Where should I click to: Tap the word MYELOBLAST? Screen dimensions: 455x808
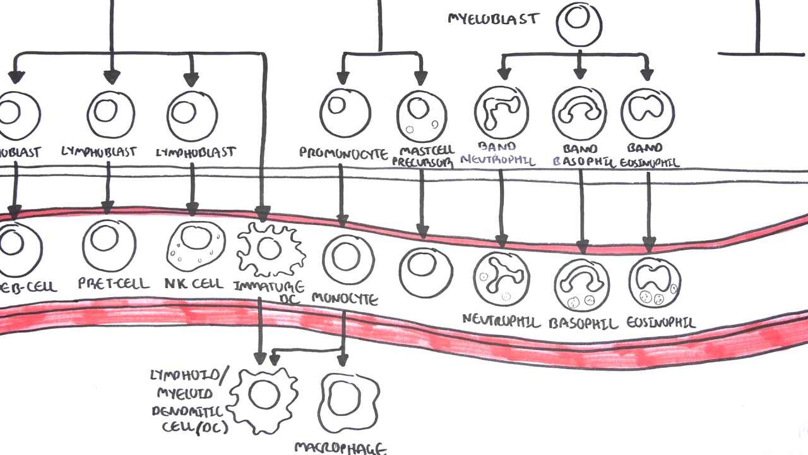point(494,18)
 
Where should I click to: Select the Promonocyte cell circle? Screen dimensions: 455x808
point(345,112)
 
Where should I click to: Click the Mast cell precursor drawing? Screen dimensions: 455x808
point(422,116)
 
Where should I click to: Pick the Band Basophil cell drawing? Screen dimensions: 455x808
point(579,113)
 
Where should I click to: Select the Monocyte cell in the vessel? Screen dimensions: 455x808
point(348,260)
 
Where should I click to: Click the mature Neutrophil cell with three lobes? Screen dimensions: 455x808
point(501,279)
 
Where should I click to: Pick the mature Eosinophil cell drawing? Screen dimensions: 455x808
point(655,282)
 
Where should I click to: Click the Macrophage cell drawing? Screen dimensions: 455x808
point(350,403)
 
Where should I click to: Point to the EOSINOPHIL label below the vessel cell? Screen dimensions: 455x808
point(660,323)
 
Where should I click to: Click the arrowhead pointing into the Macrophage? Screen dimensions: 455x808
point(342,360)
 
